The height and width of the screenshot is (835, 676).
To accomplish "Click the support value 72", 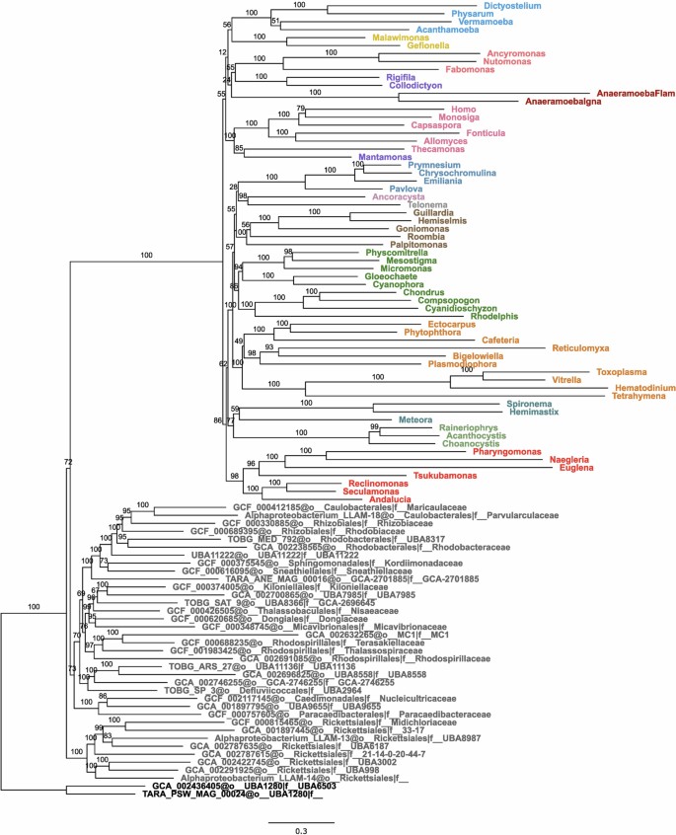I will pyautogui.click(x=68, y=462).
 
